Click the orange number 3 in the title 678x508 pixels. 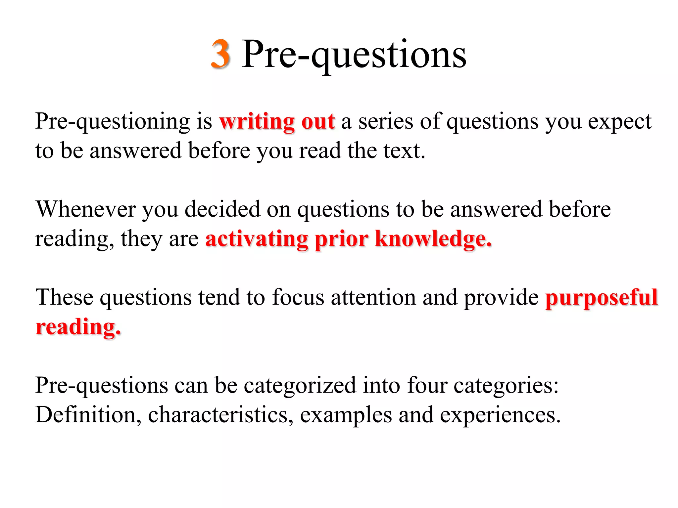[x=220, y=54]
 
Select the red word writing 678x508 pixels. [x=257, y=122]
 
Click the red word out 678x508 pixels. [x=318, y=122]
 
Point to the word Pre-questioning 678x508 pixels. [x=113, y=122]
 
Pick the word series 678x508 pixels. [x=386, y=122]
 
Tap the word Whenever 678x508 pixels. [x=86, y=209]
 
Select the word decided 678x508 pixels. [x=222, y=209]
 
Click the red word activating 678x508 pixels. [x=257, y=239]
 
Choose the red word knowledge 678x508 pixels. [x=433, y=239]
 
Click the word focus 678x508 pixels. [x=298, y=297]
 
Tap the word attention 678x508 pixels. [x=373, y=297]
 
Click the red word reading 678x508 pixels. [x=78, y=327]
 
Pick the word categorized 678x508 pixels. [x=300, y=386]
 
